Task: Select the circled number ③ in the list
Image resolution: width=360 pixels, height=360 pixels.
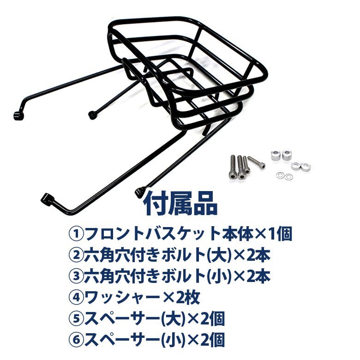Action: (x=75, y=276)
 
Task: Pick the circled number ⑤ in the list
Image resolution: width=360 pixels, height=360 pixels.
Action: (x=75, y=319)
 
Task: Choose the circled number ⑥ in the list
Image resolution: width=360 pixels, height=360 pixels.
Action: (x=75, y=340)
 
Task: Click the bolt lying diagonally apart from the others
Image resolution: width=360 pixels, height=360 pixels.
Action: (x=257, y=163)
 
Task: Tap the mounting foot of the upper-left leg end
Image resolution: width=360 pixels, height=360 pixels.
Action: (x=18, y=114)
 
